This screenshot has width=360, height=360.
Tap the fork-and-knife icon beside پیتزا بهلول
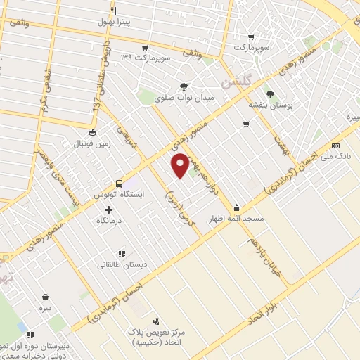click(112, 11)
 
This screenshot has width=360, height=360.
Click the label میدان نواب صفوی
click(183, 98)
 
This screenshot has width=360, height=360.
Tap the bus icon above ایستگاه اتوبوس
click(119, 181)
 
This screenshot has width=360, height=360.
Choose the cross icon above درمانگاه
click(108, 210)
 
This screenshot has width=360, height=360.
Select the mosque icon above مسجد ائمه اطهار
click(236, 208)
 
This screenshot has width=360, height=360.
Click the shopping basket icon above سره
click(45, 297)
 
